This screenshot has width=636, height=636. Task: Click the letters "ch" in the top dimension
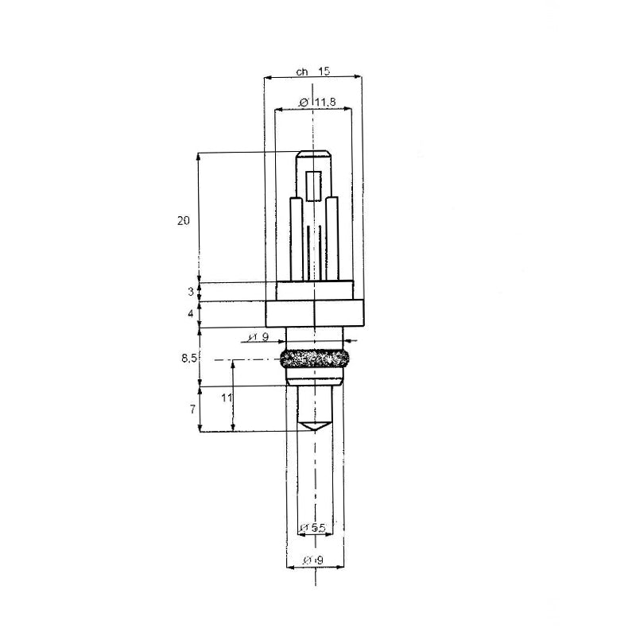(x=301, y=72)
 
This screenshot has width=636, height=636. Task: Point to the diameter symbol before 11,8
(x=304, y=103)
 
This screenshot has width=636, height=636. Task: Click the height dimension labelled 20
(x=184, y=221)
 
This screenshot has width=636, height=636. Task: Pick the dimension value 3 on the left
(x=191, y=292)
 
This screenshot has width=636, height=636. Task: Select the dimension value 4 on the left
(x=191, y=314)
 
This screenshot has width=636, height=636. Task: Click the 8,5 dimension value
(x=188, y=359)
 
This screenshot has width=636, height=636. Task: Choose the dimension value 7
(x=192, y=409)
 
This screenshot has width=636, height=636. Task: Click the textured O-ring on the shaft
(x=315, y=359)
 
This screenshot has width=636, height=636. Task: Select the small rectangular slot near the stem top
(x=315, y=185)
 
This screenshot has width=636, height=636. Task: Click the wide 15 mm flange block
(x=315, y=314)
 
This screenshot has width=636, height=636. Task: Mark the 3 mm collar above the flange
(x=315, y=292)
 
